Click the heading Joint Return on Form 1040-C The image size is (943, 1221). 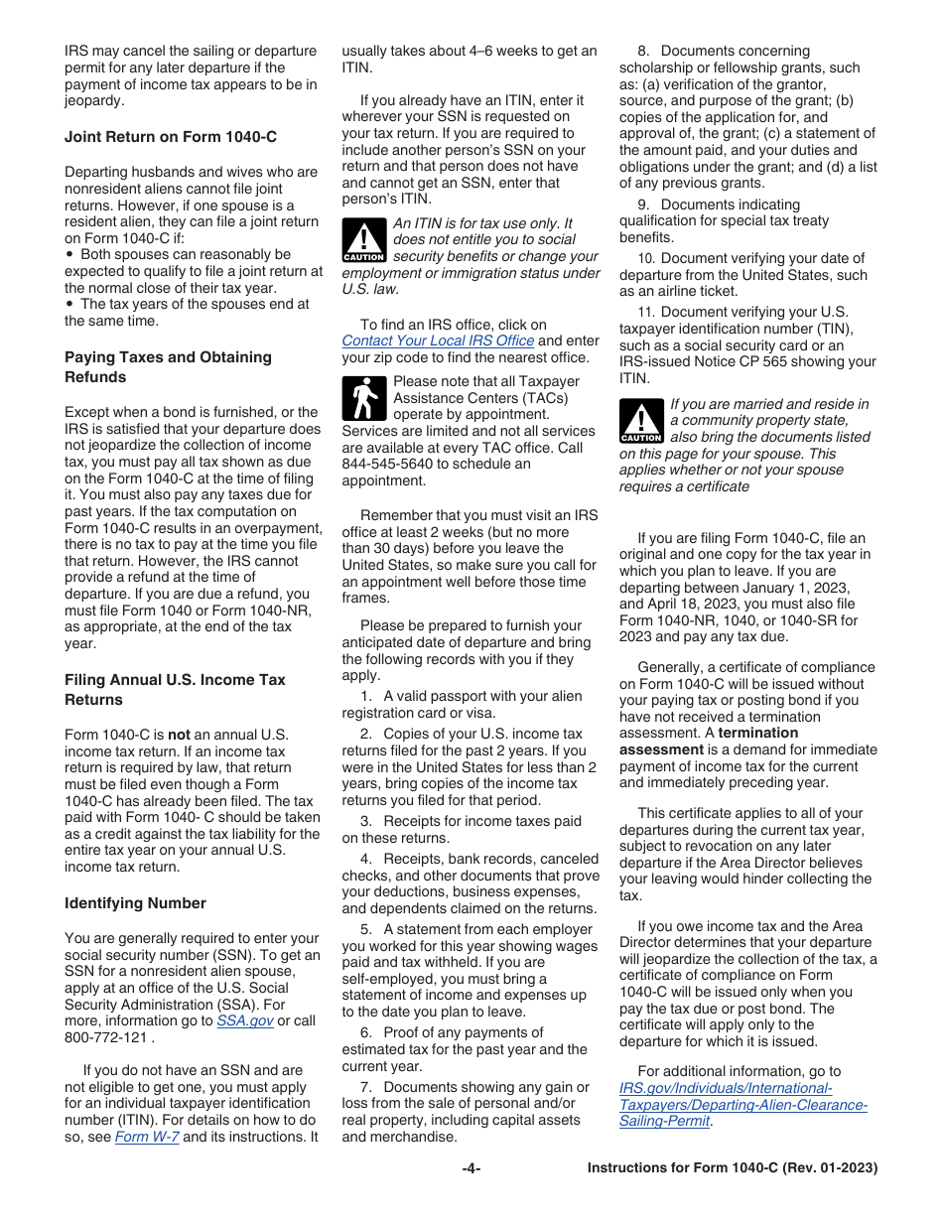[x=171, y=136]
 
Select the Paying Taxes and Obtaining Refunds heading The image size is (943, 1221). [x=168, y=366]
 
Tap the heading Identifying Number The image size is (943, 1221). [x=135, y=903]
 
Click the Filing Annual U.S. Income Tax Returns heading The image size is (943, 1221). [x=175, y=689]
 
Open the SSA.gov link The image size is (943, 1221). [x=244, y=1020]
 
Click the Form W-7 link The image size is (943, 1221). [x=147, y=1137]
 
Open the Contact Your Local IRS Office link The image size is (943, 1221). [x=438, y=340]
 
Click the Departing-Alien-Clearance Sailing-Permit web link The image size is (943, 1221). [x=742, y=1104]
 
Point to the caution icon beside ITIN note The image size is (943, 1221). [x=363, y=241]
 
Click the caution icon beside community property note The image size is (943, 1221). [x=640, y=422]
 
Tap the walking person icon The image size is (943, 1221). [x=363, y=398]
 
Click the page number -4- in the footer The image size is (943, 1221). [x=471, y=1168]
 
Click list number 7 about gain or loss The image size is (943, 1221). [x=364, y=1087]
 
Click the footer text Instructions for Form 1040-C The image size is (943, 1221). [x=732, y=1168]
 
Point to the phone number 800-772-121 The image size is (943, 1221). [x=106, y=1037]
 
